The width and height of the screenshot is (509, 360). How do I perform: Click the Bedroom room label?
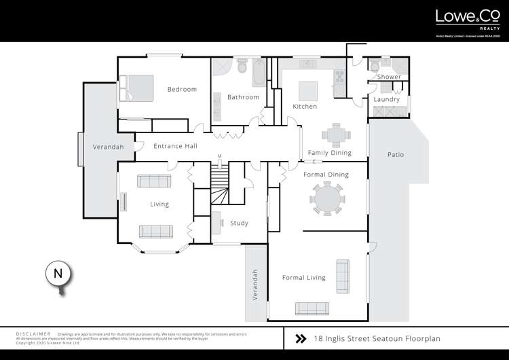point(182,89)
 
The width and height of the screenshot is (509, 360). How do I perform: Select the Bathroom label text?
point(243,97)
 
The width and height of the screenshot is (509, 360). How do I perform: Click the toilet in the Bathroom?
point(242,66)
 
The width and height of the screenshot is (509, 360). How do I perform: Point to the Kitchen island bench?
point(308,90)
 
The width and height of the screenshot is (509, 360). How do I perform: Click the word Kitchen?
point(305,107)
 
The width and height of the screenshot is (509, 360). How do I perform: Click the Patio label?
point(396,155)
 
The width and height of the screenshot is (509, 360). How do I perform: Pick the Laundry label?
point(387,100)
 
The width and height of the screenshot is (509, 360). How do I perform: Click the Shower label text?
point(389,77)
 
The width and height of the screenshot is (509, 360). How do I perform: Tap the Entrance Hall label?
point(175,146)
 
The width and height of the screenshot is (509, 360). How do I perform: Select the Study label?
point(239,223)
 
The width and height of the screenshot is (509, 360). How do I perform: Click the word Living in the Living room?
point(159,204)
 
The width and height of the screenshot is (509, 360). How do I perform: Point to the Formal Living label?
point(303,277)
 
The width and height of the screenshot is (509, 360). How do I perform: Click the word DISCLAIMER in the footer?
point(33,334)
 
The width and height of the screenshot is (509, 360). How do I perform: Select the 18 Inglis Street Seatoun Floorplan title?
point(369,338)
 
